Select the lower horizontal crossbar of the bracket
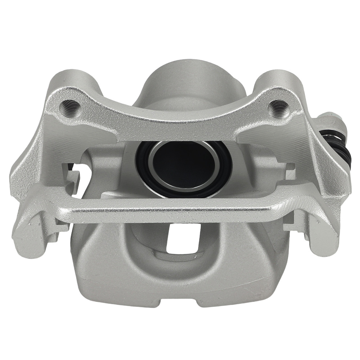tap(173, 212)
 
